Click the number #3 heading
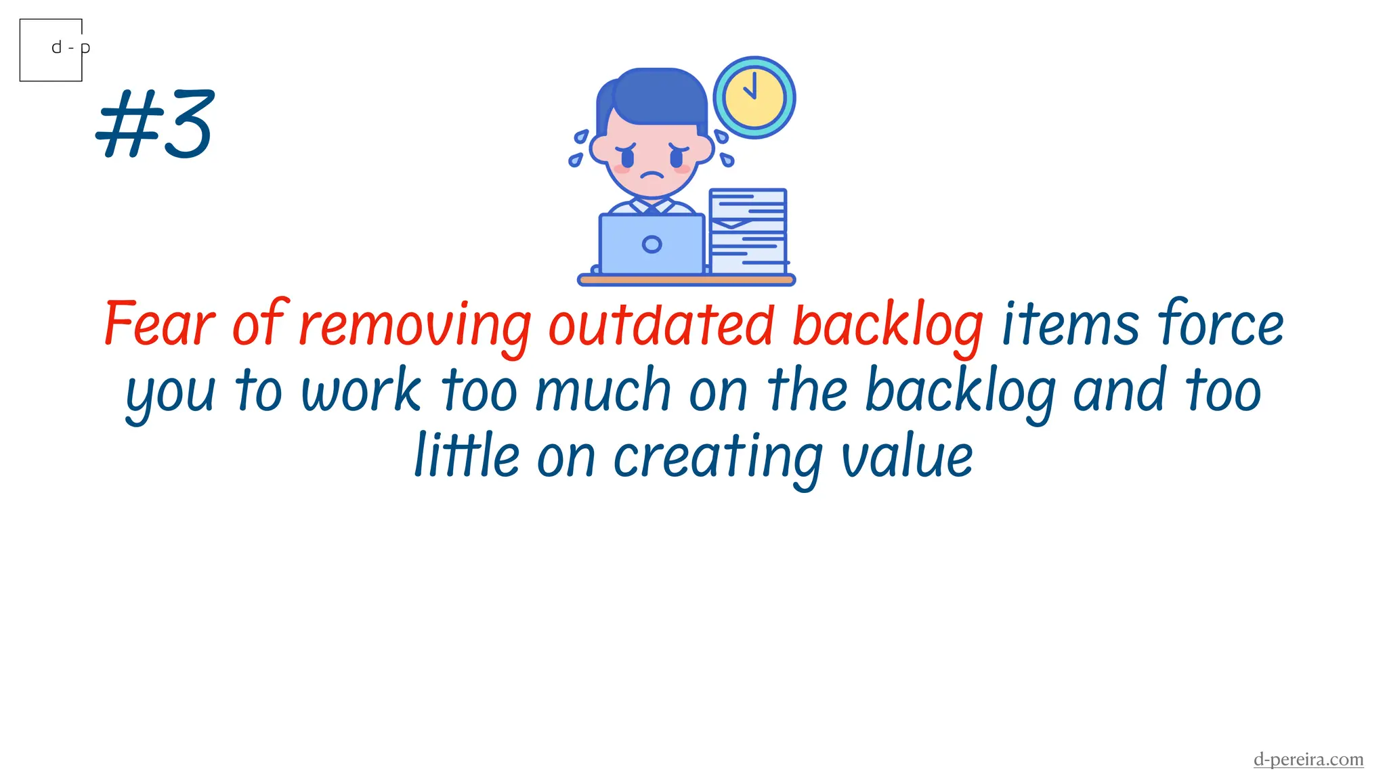tap(155, 125)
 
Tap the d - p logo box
tap(51, 50)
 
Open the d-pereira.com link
tap(1308, 759)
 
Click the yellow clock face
tap(754, 97)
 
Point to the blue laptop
tap(652, 244)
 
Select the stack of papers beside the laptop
tap(748, 232)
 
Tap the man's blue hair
tap(657, 95)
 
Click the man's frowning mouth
tap(652, 174)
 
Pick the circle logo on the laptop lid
tap(652, 244)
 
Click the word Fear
tap(160, 325)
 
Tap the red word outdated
tap(661, 325)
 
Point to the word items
tap(1070, 325)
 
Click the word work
tap(362, 391)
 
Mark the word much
tap(603, 391)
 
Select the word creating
tap(718, 458)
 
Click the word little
tap(467, 456)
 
